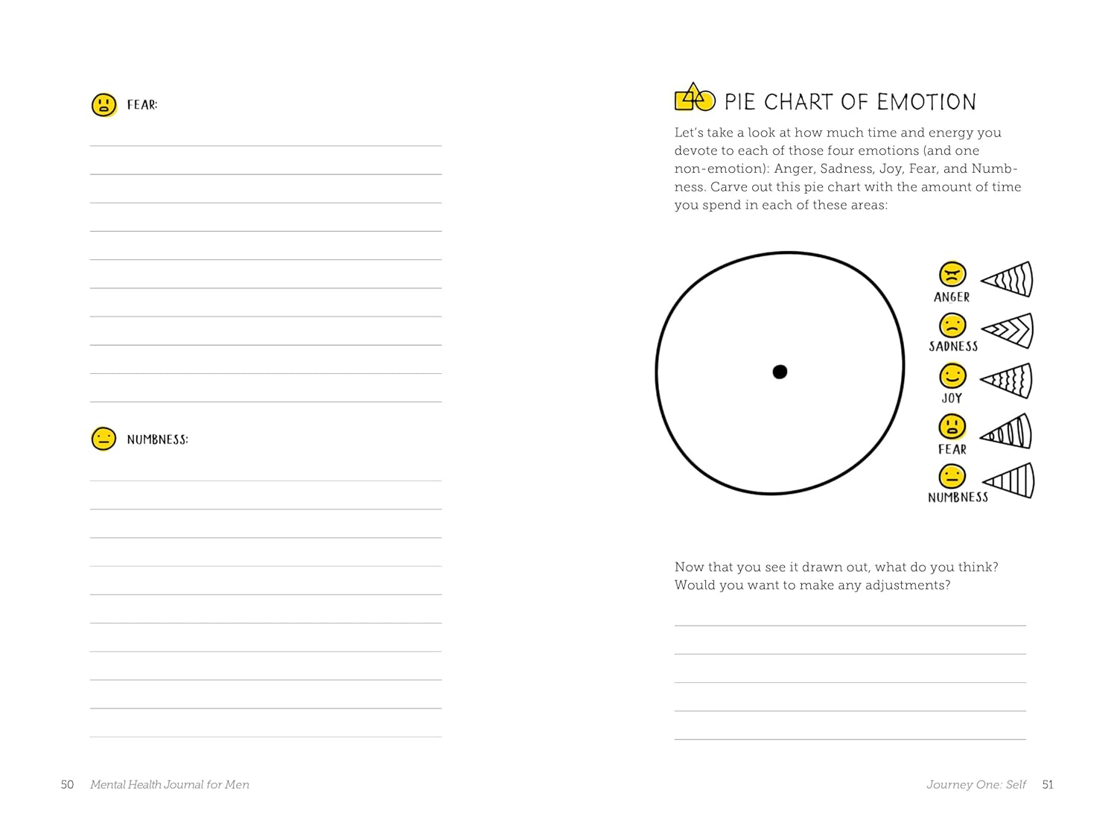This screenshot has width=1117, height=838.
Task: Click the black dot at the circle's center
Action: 780,372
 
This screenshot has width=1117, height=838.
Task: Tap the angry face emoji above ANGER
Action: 952,274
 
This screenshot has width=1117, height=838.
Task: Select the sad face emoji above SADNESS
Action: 952,326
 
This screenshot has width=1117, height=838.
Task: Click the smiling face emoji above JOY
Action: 952,376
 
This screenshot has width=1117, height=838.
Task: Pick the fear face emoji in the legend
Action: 952,427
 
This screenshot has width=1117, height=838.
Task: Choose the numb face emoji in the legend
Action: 952,476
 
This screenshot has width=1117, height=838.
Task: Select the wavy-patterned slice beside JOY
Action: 1008,381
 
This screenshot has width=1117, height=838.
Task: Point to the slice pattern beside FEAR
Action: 1008,432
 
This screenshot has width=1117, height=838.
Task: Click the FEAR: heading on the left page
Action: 142,105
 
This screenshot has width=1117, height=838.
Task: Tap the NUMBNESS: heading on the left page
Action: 157,439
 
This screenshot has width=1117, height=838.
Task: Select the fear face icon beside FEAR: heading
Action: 104,105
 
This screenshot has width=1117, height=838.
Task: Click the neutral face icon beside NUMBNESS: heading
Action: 104,439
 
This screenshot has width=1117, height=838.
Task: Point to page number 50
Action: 67,784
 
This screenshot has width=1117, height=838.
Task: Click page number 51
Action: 1048,784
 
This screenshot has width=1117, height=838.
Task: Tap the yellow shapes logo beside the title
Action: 694,98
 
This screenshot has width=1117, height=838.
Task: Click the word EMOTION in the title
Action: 926,102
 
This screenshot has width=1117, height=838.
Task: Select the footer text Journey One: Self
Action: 976,784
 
